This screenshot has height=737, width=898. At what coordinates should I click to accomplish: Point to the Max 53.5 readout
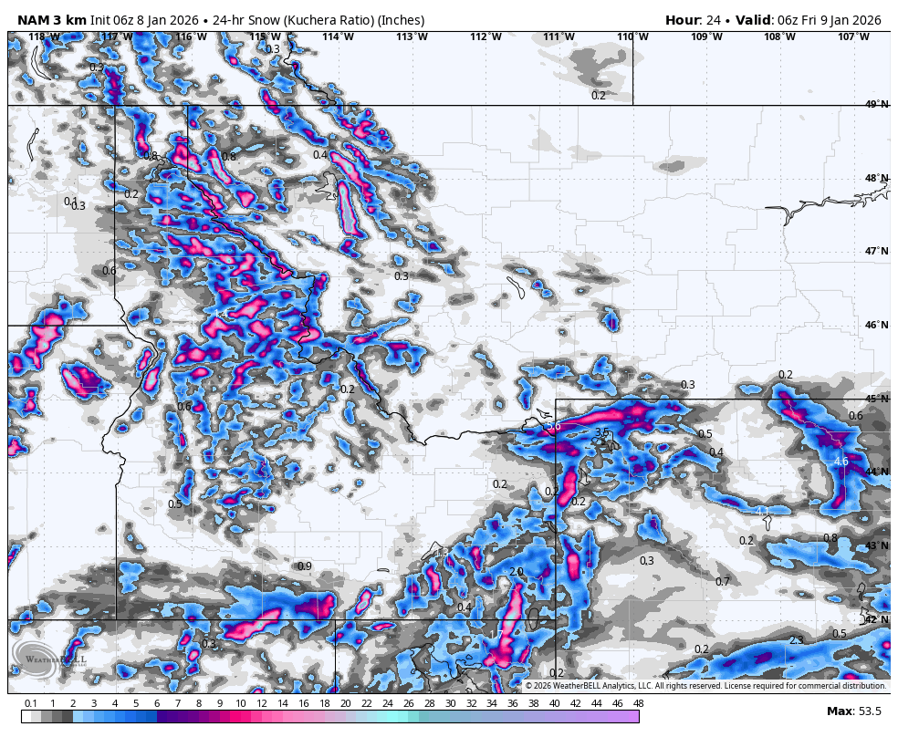(854, 711)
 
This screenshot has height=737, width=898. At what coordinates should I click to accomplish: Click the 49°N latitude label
(877, 105)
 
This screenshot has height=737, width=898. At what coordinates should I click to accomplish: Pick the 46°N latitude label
(877, 326)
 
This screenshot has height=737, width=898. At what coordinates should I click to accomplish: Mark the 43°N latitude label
(877, 546)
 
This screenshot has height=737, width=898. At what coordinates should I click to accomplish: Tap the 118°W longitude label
(43, 37)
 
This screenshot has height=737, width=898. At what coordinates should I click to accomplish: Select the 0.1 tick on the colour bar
(31, 703)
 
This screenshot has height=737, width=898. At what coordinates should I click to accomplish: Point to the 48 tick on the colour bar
(638, 703)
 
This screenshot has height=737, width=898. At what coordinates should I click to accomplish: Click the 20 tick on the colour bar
(345, 703)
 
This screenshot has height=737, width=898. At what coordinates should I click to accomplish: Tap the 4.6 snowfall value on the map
(841, 462)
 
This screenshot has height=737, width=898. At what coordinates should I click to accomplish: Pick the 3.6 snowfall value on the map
(553, 426)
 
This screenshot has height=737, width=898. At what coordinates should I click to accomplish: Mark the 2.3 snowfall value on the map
(796, 640)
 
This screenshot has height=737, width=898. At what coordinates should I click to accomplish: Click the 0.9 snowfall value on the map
(305, 566)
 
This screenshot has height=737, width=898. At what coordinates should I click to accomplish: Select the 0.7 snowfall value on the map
(723, 582)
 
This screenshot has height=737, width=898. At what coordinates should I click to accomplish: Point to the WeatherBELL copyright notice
(705, 686)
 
